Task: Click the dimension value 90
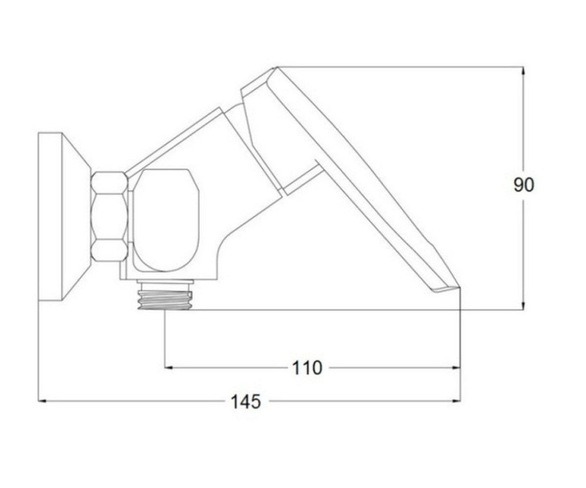click(x=523, y=185)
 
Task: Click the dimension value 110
click(x=307, y=368)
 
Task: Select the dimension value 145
click(x=246, y=402)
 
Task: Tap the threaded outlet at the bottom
click(x=165, y=300)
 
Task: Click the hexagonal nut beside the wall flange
click(x=109, y=217)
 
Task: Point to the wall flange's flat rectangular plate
click(x=50, y=217)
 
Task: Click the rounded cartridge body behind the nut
click(x=166, y=220)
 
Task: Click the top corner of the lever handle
click(x=276, y=67)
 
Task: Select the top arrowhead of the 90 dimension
click(x=523, y=71)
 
